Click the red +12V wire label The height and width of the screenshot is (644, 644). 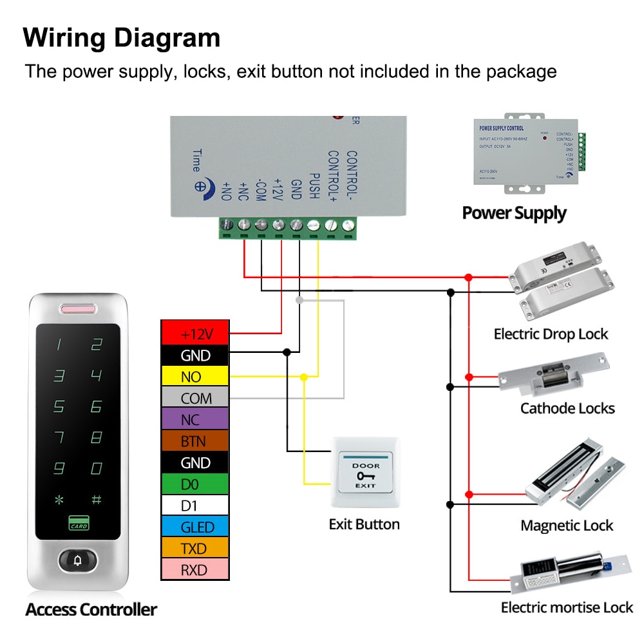[x=194, y=334]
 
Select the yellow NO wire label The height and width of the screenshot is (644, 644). [x=194, y=377]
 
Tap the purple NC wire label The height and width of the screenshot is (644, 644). [x=194, y=420]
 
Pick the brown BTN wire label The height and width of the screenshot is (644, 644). [x=194, y=441]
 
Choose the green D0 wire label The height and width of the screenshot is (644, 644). [x=194, y=484]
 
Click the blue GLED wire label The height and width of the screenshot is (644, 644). [x=194, y=527]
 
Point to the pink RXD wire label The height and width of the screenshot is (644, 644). [x=194, y=570]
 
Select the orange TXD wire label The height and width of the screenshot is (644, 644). [x=194, y=548]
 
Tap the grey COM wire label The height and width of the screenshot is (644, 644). [x=194, y=398]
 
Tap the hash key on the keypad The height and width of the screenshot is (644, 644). [x=97, y=500]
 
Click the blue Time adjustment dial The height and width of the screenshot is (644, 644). [x=201, y=186]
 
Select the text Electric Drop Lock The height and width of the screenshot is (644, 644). [x=551, y=334]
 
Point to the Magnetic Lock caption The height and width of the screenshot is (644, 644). [x=567, y=526]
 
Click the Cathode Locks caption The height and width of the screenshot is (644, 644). [x=567, y=408]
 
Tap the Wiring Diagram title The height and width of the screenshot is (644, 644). [x=122, y=38]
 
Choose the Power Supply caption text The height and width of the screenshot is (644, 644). [x=514, y=213]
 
